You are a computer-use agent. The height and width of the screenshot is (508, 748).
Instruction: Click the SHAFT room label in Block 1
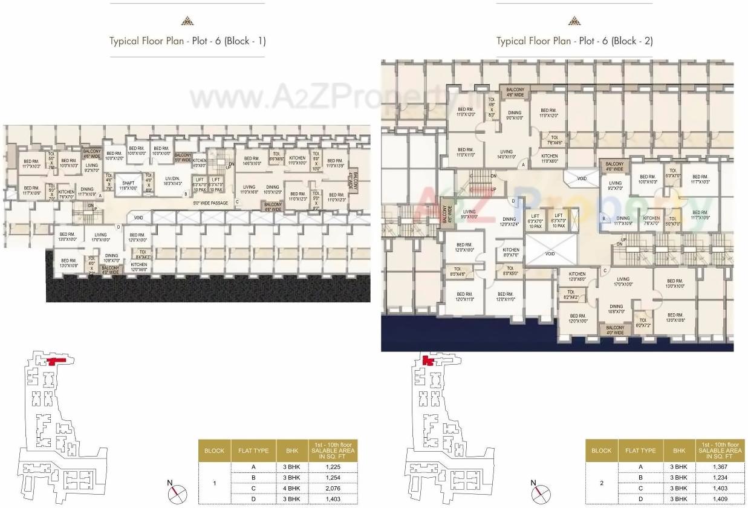coord(129,186)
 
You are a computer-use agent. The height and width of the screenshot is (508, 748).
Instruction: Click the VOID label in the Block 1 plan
coord(138,217)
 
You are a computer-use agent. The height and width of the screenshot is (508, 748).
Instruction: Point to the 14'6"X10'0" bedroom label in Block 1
coord(252,160)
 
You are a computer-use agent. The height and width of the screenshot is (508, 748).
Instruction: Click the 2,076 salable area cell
coord(333,487)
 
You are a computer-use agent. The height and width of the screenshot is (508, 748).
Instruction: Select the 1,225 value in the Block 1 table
coord(333,467)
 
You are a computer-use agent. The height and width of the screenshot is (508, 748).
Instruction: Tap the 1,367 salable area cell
coord(720,467)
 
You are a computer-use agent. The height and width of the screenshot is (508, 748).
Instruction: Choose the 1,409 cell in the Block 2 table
coord(720,498)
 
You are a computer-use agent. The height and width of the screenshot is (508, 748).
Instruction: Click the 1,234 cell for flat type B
coord(720,477)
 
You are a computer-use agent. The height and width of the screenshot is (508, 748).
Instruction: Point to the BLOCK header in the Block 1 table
coord(214,451)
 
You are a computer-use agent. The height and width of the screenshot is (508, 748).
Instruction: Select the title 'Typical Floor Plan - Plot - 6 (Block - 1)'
coord(187,41)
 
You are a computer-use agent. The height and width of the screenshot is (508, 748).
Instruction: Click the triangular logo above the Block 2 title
coord(574,21)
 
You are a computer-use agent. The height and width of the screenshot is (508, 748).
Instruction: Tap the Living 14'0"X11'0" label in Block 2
coord(506,154)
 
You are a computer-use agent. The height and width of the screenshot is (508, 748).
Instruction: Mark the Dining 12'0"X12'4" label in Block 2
coord(509,222)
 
